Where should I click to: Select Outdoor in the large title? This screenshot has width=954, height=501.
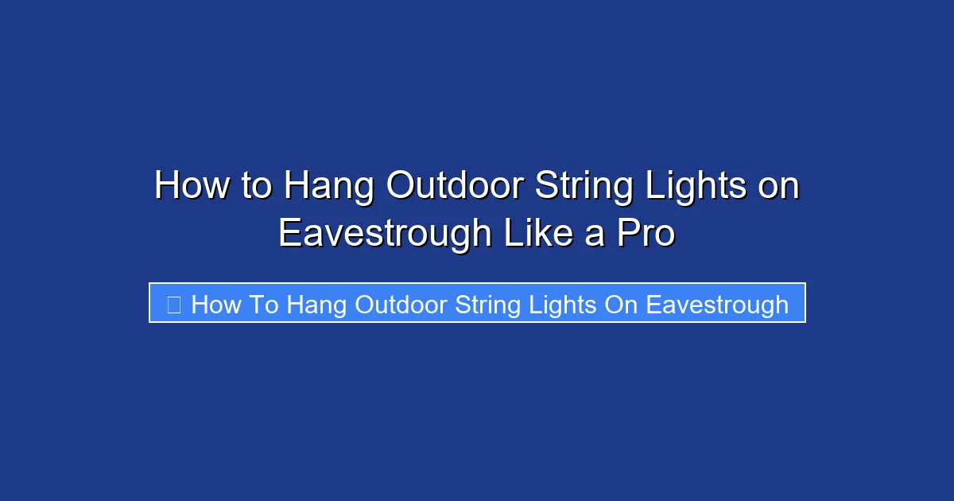(454, 187)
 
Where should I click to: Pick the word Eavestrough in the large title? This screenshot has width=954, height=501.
(385, 234)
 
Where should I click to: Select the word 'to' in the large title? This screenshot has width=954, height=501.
(256, 187)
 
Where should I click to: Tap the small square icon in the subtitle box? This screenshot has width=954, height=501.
(174, 303)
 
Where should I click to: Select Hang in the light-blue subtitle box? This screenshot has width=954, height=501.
(316, 305)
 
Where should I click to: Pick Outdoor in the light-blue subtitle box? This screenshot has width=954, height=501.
(401, 304)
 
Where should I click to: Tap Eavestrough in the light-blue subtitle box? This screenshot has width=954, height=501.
(717, 305)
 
